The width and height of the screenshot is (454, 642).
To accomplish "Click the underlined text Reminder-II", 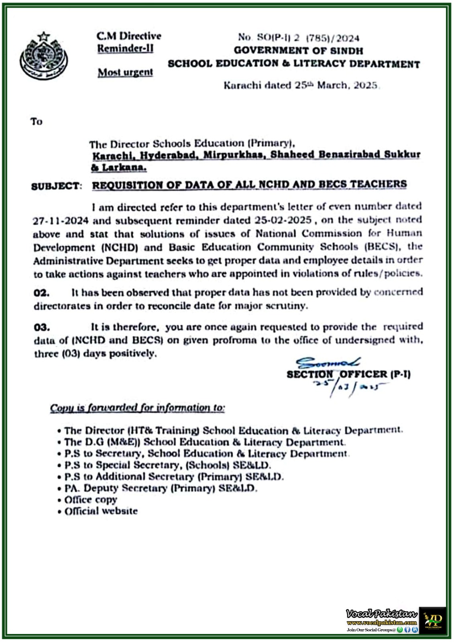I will [x=125, y=49].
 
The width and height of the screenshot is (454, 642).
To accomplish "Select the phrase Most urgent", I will [x=125, y=72].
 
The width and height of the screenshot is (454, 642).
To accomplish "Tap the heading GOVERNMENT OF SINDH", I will [x=298, y=51].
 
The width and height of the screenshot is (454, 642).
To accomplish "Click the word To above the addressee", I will [x=36, y=121].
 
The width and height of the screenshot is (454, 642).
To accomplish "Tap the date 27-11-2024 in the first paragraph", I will [x=61, y=221].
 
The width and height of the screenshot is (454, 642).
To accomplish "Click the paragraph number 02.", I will [x=42, y=293].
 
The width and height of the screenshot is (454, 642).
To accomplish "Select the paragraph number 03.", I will [x=42, y=327].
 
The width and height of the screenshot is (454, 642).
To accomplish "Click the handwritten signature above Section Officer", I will [x=327, y=363].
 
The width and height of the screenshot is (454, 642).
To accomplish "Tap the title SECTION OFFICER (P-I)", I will [x=348, y=374].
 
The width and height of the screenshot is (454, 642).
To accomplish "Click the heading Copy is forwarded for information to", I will [x=137, y=408].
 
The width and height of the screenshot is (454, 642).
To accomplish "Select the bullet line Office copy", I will [x=91, y=500].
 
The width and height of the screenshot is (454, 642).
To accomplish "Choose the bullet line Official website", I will [x=101, y=511].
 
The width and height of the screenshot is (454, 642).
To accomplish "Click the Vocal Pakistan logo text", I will [x=381, y=614].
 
